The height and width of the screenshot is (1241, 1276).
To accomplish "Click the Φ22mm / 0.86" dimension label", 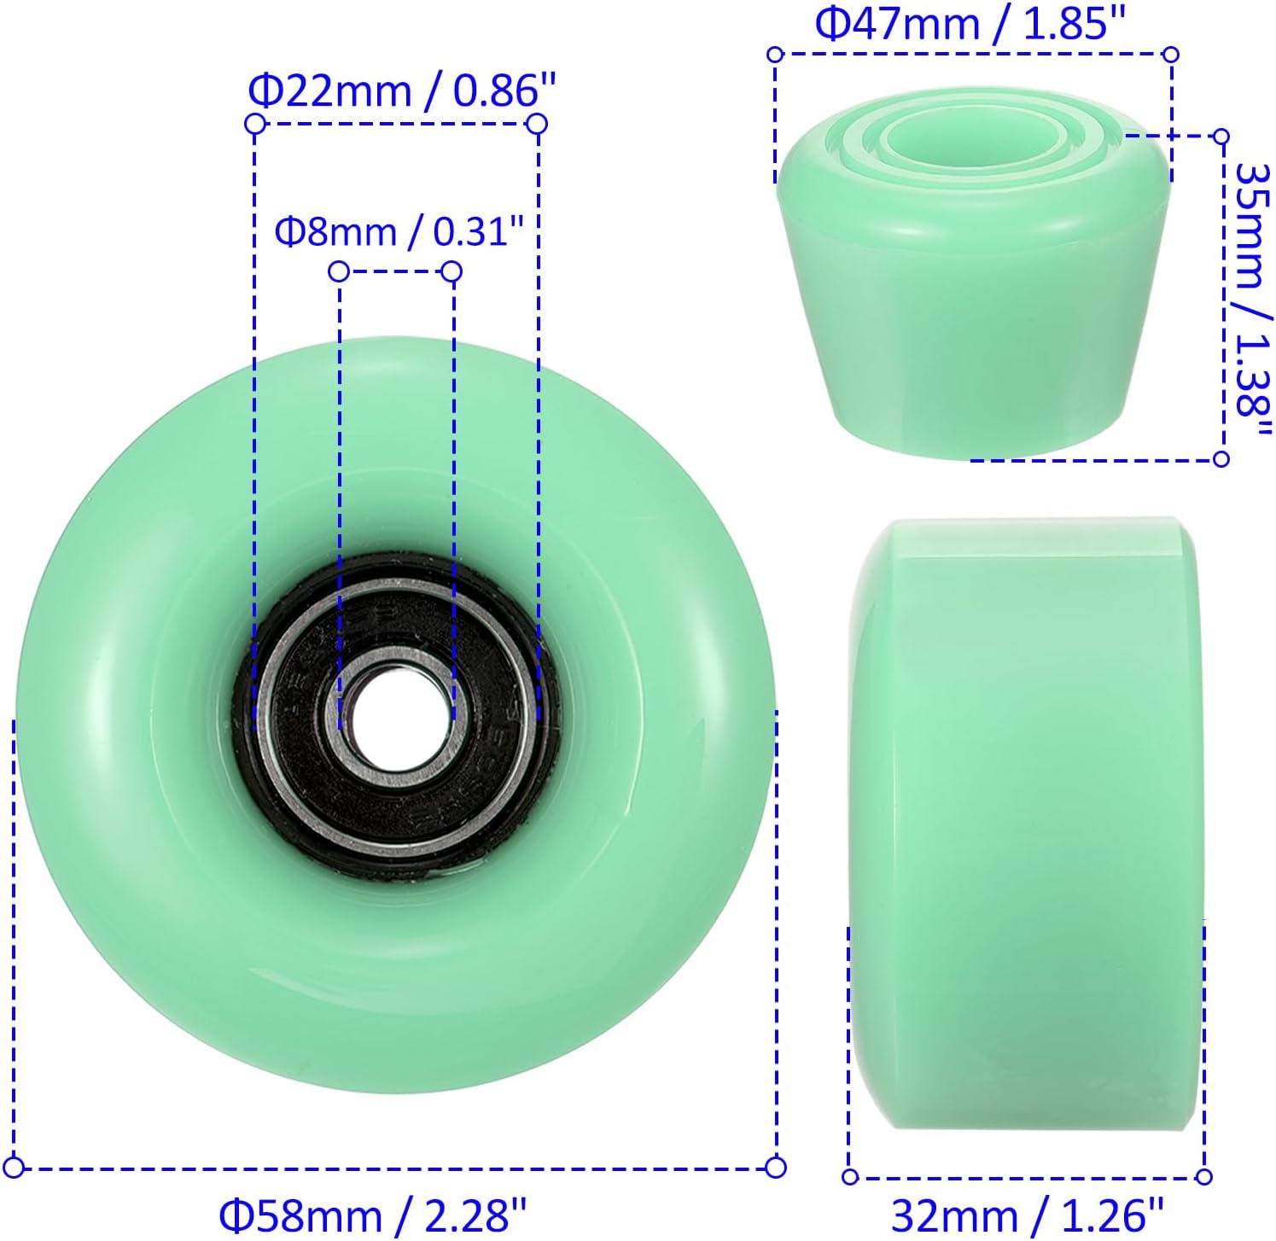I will pos(401,90).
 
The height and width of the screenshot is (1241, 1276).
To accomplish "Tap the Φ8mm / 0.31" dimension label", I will pos(398,231).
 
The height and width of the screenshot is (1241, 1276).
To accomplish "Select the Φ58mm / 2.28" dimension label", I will pos(373,1215).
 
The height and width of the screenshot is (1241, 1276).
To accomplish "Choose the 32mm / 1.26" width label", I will pos(1027,1215).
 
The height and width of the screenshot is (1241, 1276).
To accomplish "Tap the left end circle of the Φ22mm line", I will pos(253,124).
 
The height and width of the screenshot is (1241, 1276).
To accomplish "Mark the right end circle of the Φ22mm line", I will pos(537,125).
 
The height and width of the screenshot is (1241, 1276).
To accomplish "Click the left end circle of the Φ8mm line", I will pos(339,271).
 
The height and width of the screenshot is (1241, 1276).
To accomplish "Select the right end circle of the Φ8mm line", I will pos(452,272).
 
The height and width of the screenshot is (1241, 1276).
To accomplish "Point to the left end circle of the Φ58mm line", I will pos(15,1167).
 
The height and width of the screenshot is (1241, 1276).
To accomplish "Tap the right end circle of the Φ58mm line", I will pos(776,1167).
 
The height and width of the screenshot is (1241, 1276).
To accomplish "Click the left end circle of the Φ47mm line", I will pos(775,55).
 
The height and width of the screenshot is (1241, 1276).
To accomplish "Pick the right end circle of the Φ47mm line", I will pos(1171,55).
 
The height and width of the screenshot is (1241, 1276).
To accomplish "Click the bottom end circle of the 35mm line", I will pos(1221,459).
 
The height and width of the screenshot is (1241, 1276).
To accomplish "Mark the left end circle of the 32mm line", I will pos(850,1177).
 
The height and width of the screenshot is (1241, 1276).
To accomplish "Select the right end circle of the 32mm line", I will pos(1204,1177).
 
